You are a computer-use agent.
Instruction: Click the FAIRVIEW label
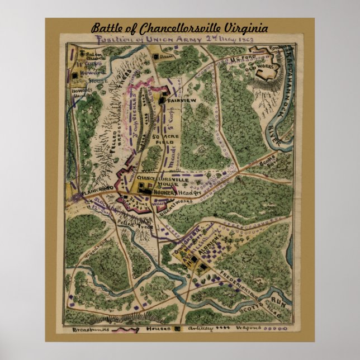181,101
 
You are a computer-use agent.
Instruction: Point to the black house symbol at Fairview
163,101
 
